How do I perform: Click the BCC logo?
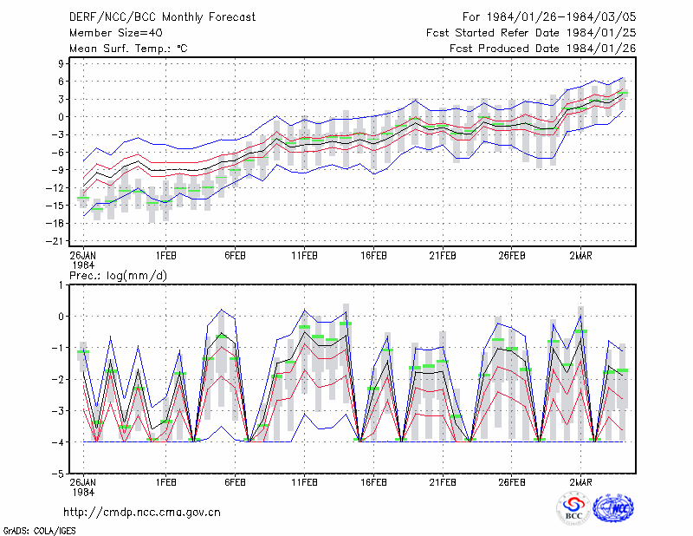click(573, 509)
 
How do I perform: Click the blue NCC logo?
click(613, 508)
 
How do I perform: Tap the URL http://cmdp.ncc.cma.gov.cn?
click(142, 513)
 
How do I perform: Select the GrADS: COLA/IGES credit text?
click(39, 531)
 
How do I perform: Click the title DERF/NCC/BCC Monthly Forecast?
click(162, 17)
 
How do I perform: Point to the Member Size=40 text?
click(116, 33)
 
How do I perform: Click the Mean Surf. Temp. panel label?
click(128, 49)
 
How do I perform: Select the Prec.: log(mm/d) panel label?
click(118, 276)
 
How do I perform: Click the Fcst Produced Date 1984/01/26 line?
click(543, 49)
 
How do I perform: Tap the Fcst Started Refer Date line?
click(531, 33)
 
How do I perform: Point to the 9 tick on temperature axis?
click(61, 63)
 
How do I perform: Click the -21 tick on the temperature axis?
click(55, 241)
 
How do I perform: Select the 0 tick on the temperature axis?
click(61, 117)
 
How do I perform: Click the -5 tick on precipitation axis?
click(58, 474)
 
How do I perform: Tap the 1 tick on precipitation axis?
click(61, 285)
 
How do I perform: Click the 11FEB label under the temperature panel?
click(304, 256)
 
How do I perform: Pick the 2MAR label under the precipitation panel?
click(580, 482)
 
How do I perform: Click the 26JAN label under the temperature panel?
click(83, 256)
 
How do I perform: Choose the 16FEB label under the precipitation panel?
click(373, 482)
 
